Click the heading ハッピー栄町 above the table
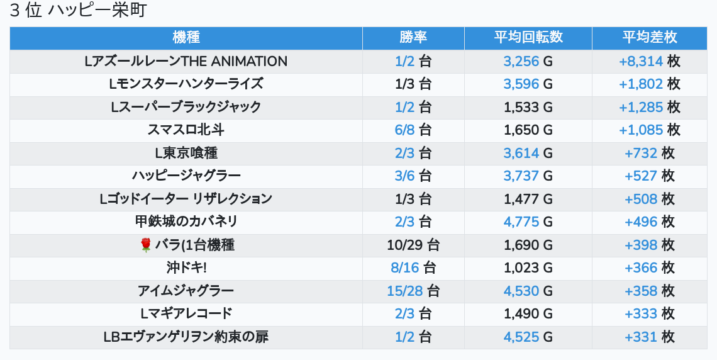[79, 11]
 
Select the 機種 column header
[186, 38]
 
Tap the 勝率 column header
[413, 38]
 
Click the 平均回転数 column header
[528, 38]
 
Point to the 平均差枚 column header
[649, 38]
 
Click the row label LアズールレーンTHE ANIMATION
[186, 61]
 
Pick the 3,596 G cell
[528, 84]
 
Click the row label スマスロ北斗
[186, 130]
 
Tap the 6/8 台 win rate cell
[413, 130]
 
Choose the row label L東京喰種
[186, 153]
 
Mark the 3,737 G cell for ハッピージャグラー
[528, 176]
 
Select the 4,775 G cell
[528, 222]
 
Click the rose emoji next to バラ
[146, 245]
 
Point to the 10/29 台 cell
[413, 245]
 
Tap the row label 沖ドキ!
[186, 267]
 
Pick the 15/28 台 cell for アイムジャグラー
[413, 291]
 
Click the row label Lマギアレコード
[186, 313]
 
